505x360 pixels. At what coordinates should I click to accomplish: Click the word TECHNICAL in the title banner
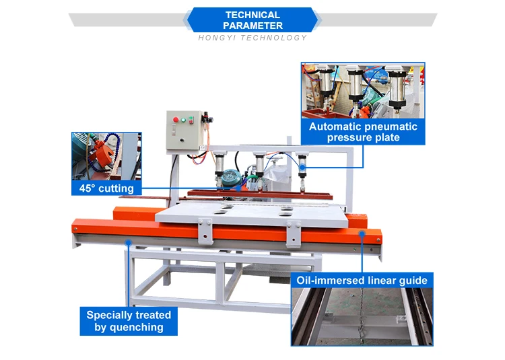coord(252,15)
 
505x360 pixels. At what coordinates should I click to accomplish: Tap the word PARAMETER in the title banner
coord(252,26)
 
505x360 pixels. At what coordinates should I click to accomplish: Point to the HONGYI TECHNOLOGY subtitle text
coord(252,38)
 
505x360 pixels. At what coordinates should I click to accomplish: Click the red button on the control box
coord(176,120)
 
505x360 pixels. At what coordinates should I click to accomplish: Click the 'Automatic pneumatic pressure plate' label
coord(363,132)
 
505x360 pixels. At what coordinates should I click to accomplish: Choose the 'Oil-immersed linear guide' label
coord(362,280)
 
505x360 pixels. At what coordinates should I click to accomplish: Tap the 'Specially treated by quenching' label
coord(129,321)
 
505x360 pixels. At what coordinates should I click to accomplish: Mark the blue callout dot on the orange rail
coord(362,233)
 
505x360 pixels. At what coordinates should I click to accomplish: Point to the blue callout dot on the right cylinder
coord(302,166)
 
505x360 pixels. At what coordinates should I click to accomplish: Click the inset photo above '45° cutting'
coord(106,155)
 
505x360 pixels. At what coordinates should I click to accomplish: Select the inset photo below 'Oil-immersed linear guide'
coord(362,316)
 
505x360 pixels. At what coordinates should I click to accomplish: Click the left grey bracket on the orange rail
coord(207,233)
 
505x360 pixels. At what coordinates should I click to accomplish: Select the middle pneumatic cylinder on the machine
coord(259,166)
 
